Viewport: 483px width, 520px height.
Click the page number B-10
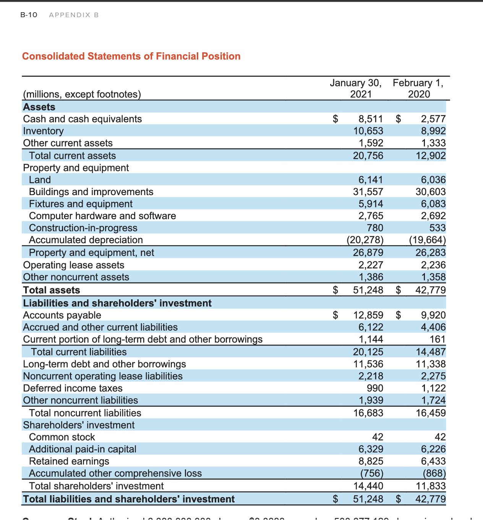29,15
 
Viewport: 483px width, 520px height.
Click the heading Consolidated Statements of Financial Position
131,57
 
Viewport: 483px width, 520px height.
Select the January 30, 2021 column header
355,88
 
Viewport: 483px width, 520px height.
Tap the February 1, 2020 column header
418,88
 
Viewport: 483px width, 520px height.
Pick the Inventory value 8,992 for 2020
433,131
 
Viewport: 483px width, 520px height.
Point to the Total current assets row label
72,156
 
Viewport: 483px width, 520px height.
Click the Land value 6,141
370,180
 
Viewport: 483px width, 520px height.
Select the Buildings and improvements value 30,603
430,192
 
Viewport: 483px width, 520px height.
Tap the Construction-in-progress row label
83,228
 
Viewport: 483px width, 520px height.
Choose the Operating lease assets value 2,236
433,265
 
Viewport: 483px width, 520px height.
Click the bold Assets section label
39,107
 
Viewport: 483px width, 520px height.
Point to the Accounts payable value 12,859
368,315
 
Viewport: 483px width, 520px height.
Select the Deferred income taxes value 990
374,388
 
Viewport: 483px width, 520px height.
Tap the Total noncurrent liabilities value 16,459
430,413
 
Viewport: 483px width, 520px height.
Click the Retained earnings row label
69,461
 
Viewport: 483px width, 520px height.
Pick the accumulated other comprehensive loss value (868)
434,473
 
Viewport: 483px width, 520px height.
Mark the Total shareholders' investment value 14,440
368,486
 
